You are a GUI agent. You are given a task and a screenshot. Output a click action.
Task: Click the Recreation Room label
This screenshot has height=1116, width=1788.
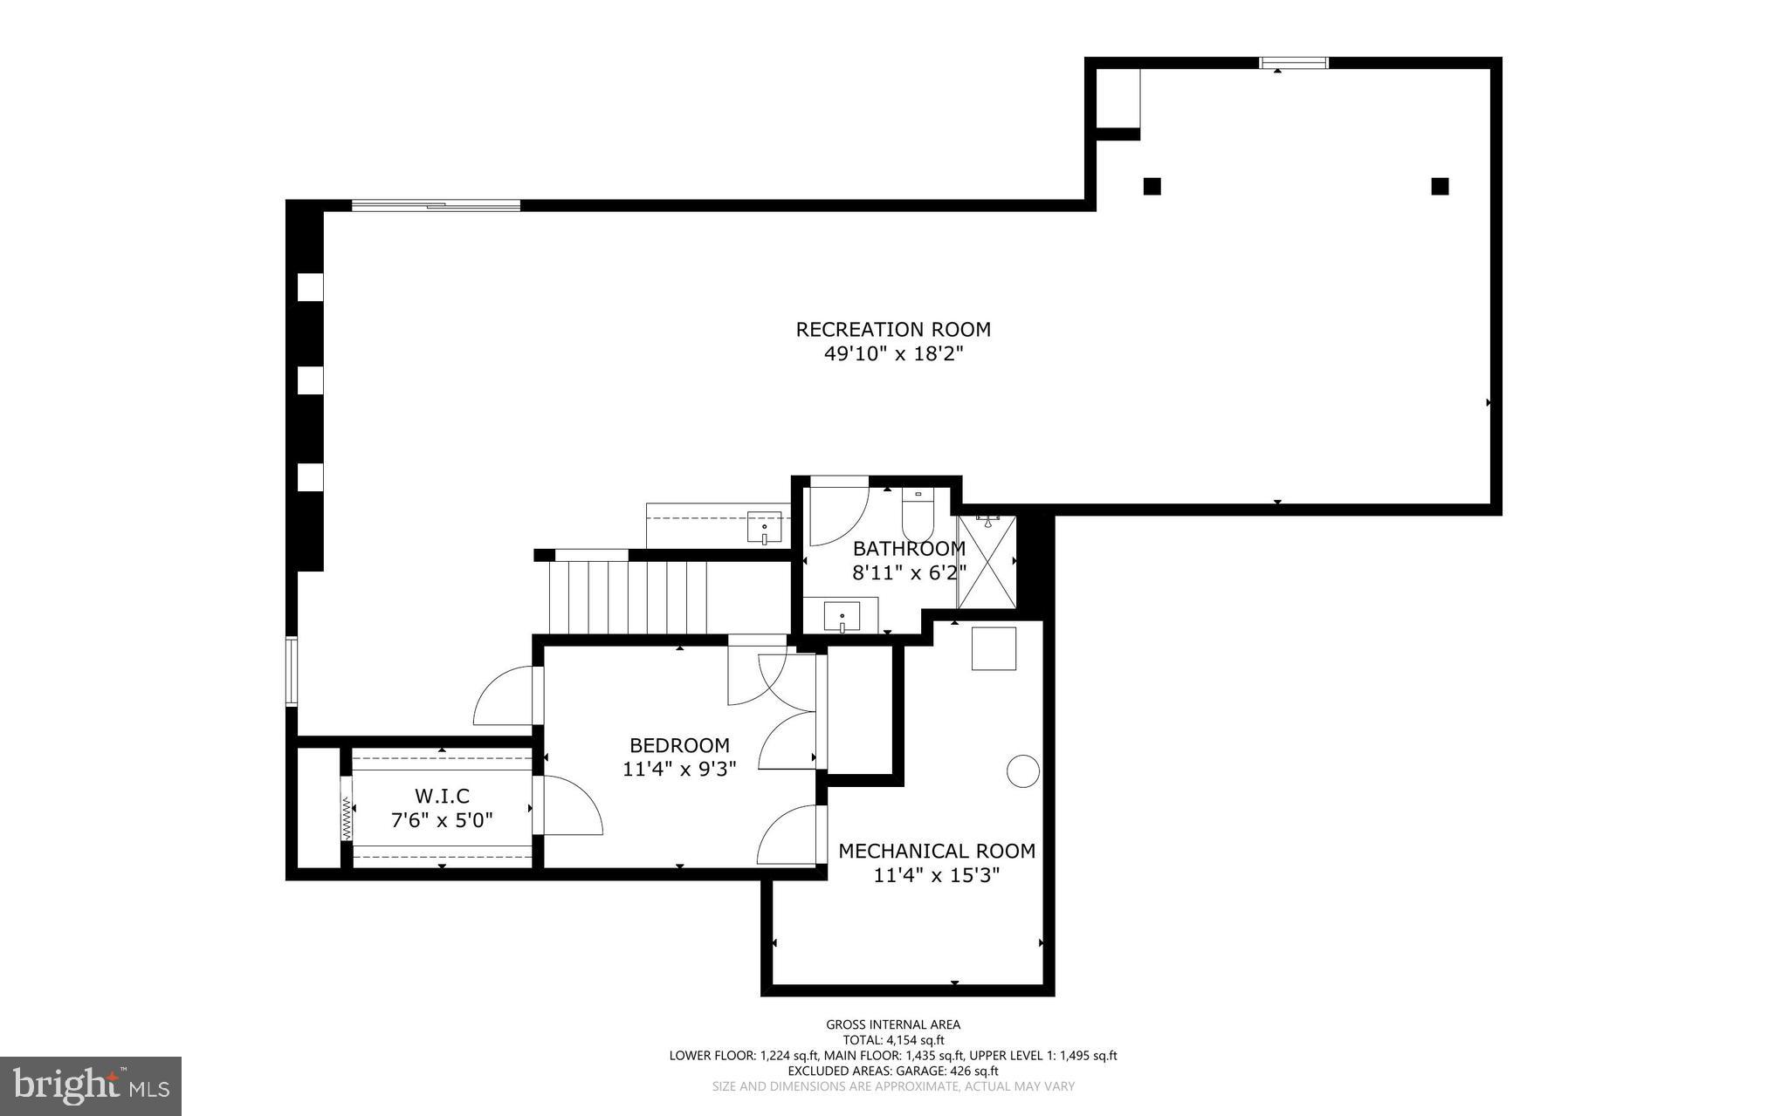point(893,330)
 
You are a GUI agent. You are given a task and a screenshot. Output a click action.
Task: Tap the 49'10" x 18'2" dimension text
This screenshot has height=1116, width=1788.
point(893,354)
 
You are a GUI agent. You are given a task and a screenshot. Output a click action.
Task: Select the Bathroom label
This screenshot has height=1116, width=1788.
point(909,549)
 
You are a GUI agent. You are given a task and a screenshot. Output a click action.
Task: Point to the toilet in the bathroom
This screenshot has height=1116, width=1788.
point(918,517)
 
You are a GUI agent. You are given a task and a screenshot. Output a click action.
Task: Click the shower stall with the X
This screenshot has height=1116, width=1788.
point(987,562)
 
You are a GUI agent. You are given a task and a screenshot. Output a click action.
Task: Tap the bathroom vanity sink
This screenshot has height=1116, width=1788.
point(842,617)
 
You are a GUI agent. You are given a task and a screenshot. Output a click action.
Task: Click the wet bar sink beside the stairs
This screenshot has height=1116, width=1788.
point(765,528)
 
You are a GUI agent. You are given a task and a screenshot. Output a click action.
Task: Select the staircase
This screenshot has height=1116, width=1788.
point(626,598)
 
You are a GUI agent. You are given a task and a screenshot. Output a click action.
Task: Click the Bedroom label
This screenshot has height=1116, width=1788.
point(679,745)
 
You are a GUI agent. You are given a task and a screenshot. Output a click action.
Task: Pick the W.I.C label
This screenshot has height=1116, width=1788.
point(442,796)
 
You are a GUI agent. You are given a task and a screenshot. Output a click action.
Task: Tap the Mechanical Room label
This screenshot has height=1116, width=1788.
point(937,851)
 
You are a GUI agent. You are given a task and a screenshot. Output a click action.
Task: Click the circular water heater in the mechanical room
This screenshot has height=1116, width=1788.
point(1023,771)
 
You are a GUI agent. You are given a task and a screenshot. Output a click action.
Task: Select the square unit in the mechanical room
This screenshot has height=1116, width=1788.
point(994,648)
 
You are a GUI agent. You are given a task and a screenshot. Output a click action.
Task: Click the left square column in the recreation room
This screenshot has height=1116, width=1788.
point(1152,186)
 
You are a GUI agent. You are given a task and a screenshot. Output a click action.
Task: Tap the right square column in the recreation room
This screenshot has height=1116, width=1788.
point(1440,186)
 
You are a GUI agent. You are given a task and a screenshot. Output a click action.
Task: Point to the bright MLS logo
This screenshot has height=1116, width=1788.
point(91,1085)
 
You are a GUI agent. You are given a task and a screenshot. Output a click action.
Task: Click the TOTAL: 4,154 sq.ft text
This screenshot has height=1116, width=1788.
point(893,1040)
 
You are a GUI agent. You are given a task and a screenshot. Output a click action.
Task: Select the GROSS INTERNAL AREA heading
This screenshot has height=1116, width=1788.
point(893,1025)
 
